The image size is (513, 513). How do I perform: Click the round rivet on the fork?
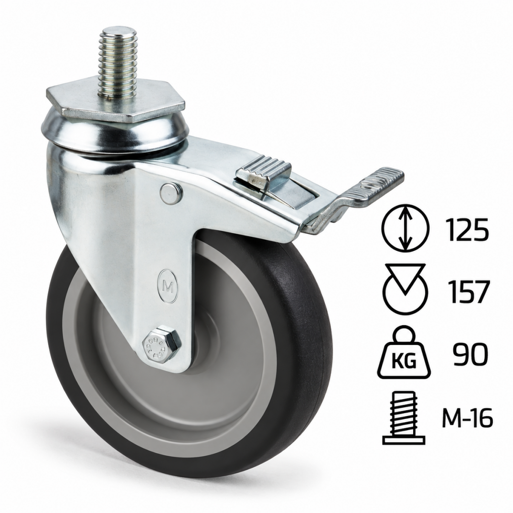171,193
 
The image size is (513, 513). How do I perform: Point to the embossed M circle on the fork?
168,287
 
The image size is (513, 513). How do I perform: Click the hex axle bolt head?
161,345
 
